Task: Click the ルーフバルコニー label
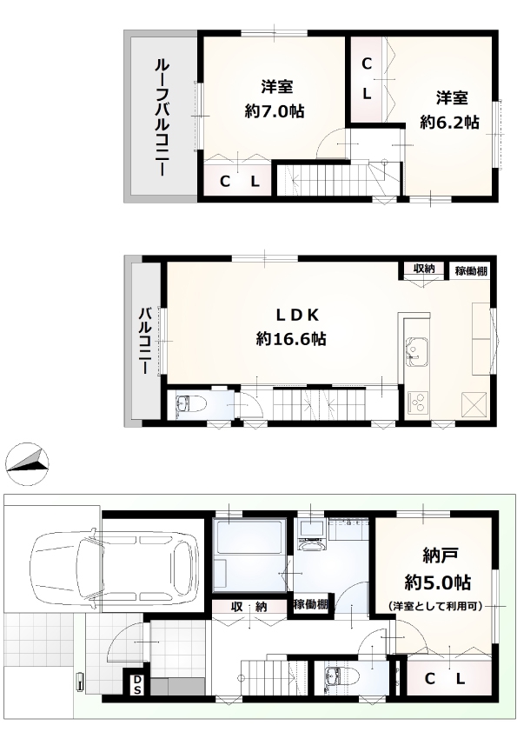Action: pyautogui.click(x=162, y=117)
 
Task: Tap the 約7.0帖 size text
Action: pyautogui.click(x=275, y=111)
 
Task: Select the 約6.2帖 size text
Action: pyautogui.click(x=449, y=123)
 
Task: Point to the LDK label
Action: pyautogui.click(x=297, y=316)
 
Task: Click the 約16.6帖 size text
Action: pyautogui.click(x=291, y=338)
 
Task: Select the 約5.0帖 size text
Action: pyautogui.click(x=438, y=582)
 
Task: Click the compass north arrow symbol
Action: pyautogui.click(x=28, y=464)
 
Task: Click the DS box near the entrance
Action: pyautogui.click(x=136, y=684)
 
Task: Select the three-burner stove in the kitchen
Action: pyautogui.click(x=418, y=403)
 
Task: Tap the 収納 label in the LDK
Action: pyautogui.click(x=424, y=269)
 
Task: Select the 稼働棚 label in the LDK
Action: pyautogui.click(x=471, y=270)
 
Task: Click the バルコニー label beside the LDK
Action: pyautogui.click(x=143, y=340)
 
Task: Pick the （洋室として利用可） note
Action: pyautogui.click(x=435, y=607)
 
